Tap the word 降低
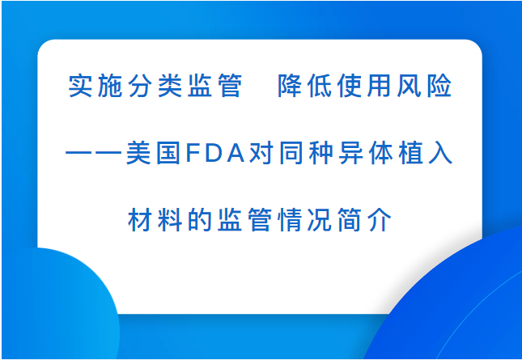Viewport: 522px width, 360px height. (x=304, y=86)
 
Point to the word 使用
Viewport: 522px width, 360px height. (x=364, y=86)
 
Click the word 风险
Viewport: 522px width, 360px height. (x=424, y=86)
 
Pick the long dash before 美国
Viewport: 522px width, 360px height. (x=94, y=153)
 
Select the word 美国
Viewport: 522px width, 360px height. (x=154, y=153)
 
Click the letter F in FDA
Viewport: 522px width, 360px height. (x=193, y=153)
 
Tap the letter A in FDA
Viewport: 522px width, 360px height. (x=236, y=153)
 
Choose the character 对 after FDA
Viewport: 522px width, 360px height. (x=261, y=153)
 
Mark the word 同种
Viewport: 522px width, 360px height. (x=306, y=153)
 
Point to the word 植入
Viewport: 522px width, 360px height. (x=426, y=153)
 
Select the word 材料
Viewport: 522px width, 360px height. (x=155, y=220)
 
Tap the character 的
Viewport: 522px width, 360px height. (x=200, y=220)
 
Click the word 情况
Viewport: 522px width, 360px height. (x=304, y=220)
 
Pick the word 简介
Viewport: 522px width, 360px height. (x=364, y=220)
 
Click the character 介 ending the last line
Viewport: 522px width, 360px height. (x=380, y=220)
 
